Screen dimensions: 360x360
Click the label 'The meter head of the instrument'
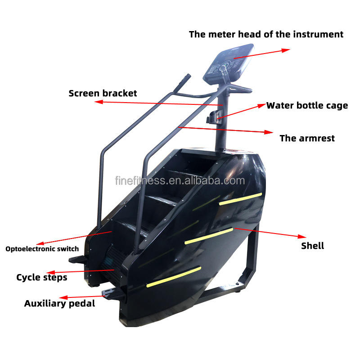click(266, 34)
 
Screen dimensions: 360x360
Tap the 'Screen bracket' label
click(103, 94)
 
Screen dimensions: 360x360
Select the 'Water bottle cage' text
click(307, 106)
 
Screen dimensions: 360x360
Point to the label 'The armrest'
click(307, 138)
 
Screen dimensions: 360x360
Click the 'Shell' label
click(312, 246)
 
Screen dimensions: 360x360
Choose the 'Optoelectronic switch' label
click(42, 249)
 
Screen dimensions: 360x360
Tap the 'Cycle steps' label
click(42, 277)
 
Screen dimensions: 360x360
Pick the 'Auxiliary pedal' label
click(59, 303)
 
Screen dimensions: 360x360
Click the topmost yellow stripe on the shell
click(240, 198)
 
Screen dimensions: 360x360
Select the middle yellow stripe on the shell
click(208, 236)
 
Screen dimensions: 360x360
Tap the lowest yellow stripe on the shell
click(174, 276)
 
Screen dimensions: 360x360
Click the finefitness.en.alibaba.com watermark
click(180, 181)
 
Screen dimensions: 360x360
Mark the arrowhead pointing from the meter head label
click(286, 50)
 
